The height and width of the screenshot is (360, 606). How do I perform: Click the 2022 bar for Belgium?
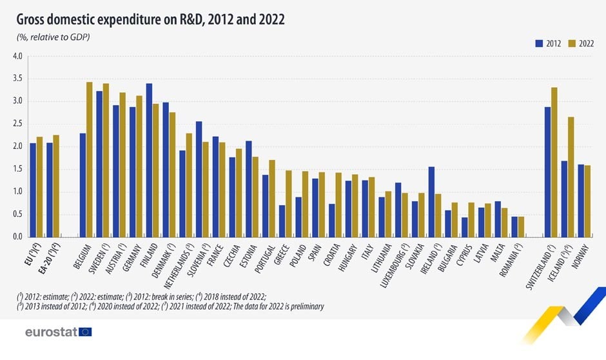[x=90, y=159]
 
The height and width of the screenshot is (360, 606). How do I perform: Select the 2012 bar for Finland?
[x=149, y=160]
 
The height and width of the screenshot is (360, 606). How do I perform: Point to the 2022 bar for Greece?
[x=289, y=203]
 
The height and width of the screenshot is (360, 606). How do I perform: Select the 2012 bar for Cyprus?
[x=464, y=226]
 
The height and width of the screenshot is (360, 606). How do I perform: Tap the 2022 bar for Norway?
[x=588, y=201]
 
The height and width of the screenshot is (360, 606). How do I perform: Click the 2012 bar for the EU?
[x=33, y=190]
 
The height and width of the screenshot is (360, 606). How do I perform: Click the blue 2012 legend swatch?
[x=540, y=44]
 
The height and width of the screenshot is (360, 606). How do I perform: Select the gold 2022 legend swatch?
[x=572, y=44]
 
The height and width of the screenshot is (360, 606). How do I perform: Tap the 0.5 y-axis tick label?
[x=17, y=214]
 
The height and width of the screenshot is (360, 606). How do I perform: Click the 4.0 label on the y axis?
[x=17, y=56]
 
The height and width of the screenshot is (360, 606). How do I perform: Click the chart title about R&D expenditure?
[x=150, y=19]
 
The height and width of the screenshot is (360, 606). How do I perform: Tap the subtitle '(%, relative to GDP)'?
[x=53, y=37]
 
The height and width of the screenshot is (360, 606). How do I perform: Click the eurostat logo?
[x=58, y=332]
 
